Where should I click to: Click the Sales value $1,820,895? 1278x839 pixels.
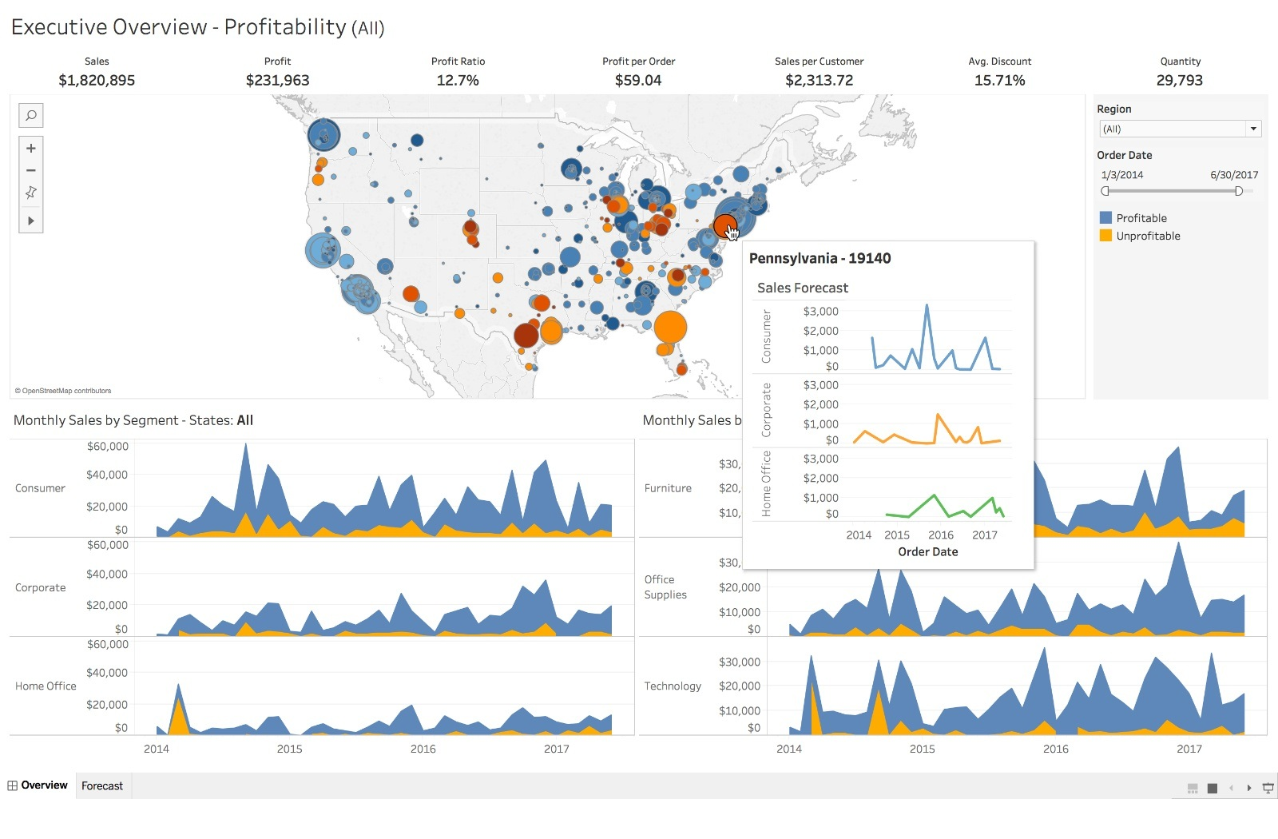click(x=97, y=80)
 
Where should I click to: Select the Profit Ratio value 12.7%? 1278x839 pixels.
click(x=458, y=80)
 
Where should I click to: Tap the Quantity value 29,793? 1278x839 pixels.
click(x=1179, y=80)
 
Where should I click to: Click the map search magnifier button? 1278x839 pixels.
click(x=31, y=116)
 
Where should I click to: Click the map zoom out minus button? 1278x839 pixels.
click(x=31, y=170)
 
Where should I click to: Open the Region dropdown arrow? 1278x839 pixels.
click(x=1253, y=129)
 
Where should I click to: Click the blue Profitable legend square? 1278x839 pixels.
click(x=1105, y=217)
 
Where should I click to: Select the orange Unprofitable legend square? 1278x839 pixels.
click(x=1105, y=236)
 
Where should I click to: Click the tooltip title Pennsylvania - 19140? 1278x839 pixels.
click(x=820, y=258)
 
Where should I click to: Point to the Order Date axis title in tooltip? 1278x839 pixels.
click(x=927, y=551)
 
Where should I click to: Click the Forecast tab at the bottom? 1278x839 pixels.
click(x=102, y=785)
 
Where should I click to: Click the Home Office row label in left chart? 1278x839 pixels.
click(x=46, y=686)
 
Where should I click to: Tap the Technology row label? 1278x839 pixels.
click(x=673, y=686)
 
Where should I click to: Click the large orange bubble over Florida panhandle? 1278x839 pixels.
click(x=670, y=327)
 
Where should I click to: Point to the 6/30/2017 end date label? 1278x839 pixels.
click(x=1233, y=175)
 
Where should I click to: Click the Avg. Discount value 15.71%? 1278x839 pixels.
click(x=999, y=80)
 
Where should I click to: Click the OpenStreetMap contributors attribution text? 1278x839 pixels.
click(x=64, y=391)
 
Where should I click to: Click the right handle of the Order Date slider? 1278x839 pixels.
click(x=1238, y=191)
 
